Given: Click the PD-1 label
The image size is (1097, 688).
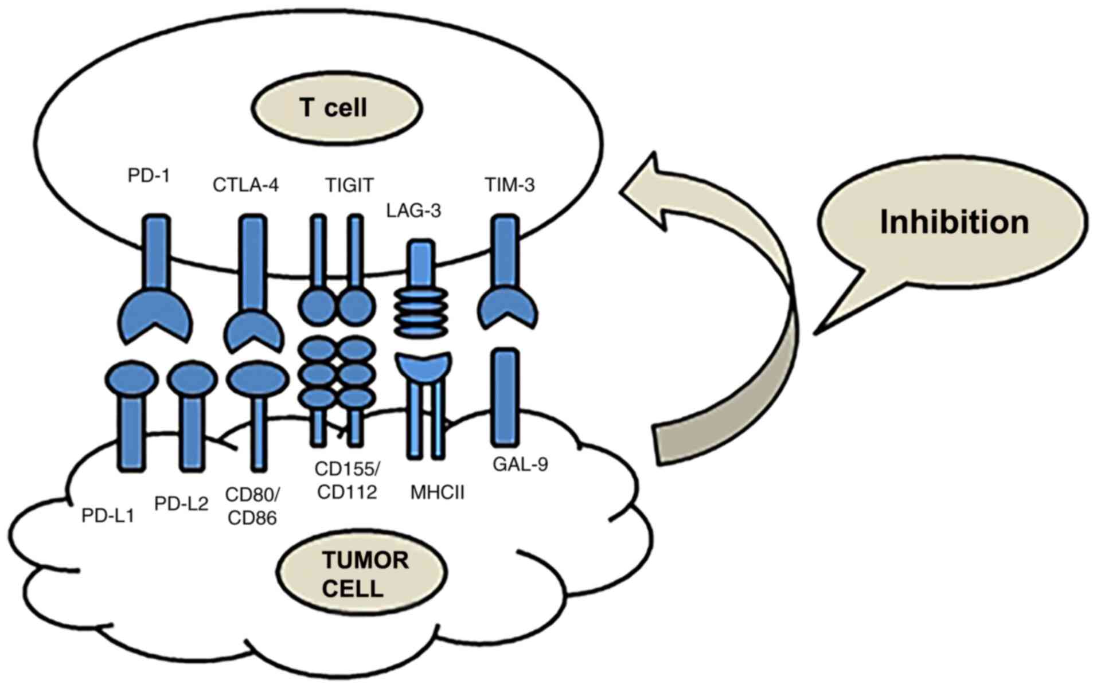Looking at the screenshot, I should tap(149, 175).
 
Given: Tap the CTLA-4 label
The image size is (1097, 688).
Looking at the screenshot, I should tap(245, 185).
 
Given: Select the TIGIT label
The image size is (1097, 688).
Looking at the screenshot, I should tap(349, 185).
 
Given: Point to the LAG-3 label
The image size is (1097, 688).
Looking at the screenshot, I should tap(413, 211).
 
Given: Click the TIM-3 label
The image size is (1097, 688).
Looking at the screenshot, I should tap(509, 185).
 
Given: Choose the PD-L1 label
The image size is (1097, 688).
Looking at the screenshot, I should tap(108, 516).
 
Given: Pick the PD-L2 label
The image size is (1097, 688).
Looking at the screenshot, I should tap(181, 504).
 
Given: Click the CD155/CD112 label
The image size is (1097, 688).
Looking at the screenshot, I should tap(347, 480).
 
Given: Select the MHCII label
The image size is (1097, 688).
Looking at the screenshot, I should tap(437, 492).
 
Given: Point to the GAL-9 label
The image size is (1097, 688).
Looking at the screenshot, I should tap(520, 464).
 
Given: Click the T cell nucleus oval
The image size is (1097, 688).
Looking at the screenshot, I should tap(336, 108).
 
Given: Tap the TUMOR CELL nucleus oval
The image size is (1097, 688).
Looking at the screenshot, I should tap(362, 574).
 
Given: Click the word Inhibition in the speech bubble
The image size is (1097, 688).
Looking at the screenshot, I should tap(954, 222).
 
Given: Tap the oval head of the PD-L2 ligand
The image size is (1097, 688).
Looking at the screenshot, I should tap(192, 379).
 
